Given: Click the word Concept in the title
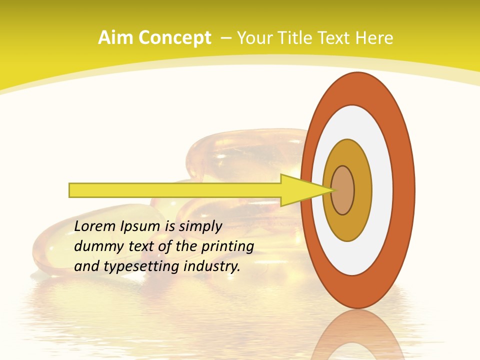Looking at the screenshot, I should (x=174, y=38).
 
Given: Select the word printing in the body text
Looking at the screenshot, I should (x=227, y=246).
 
